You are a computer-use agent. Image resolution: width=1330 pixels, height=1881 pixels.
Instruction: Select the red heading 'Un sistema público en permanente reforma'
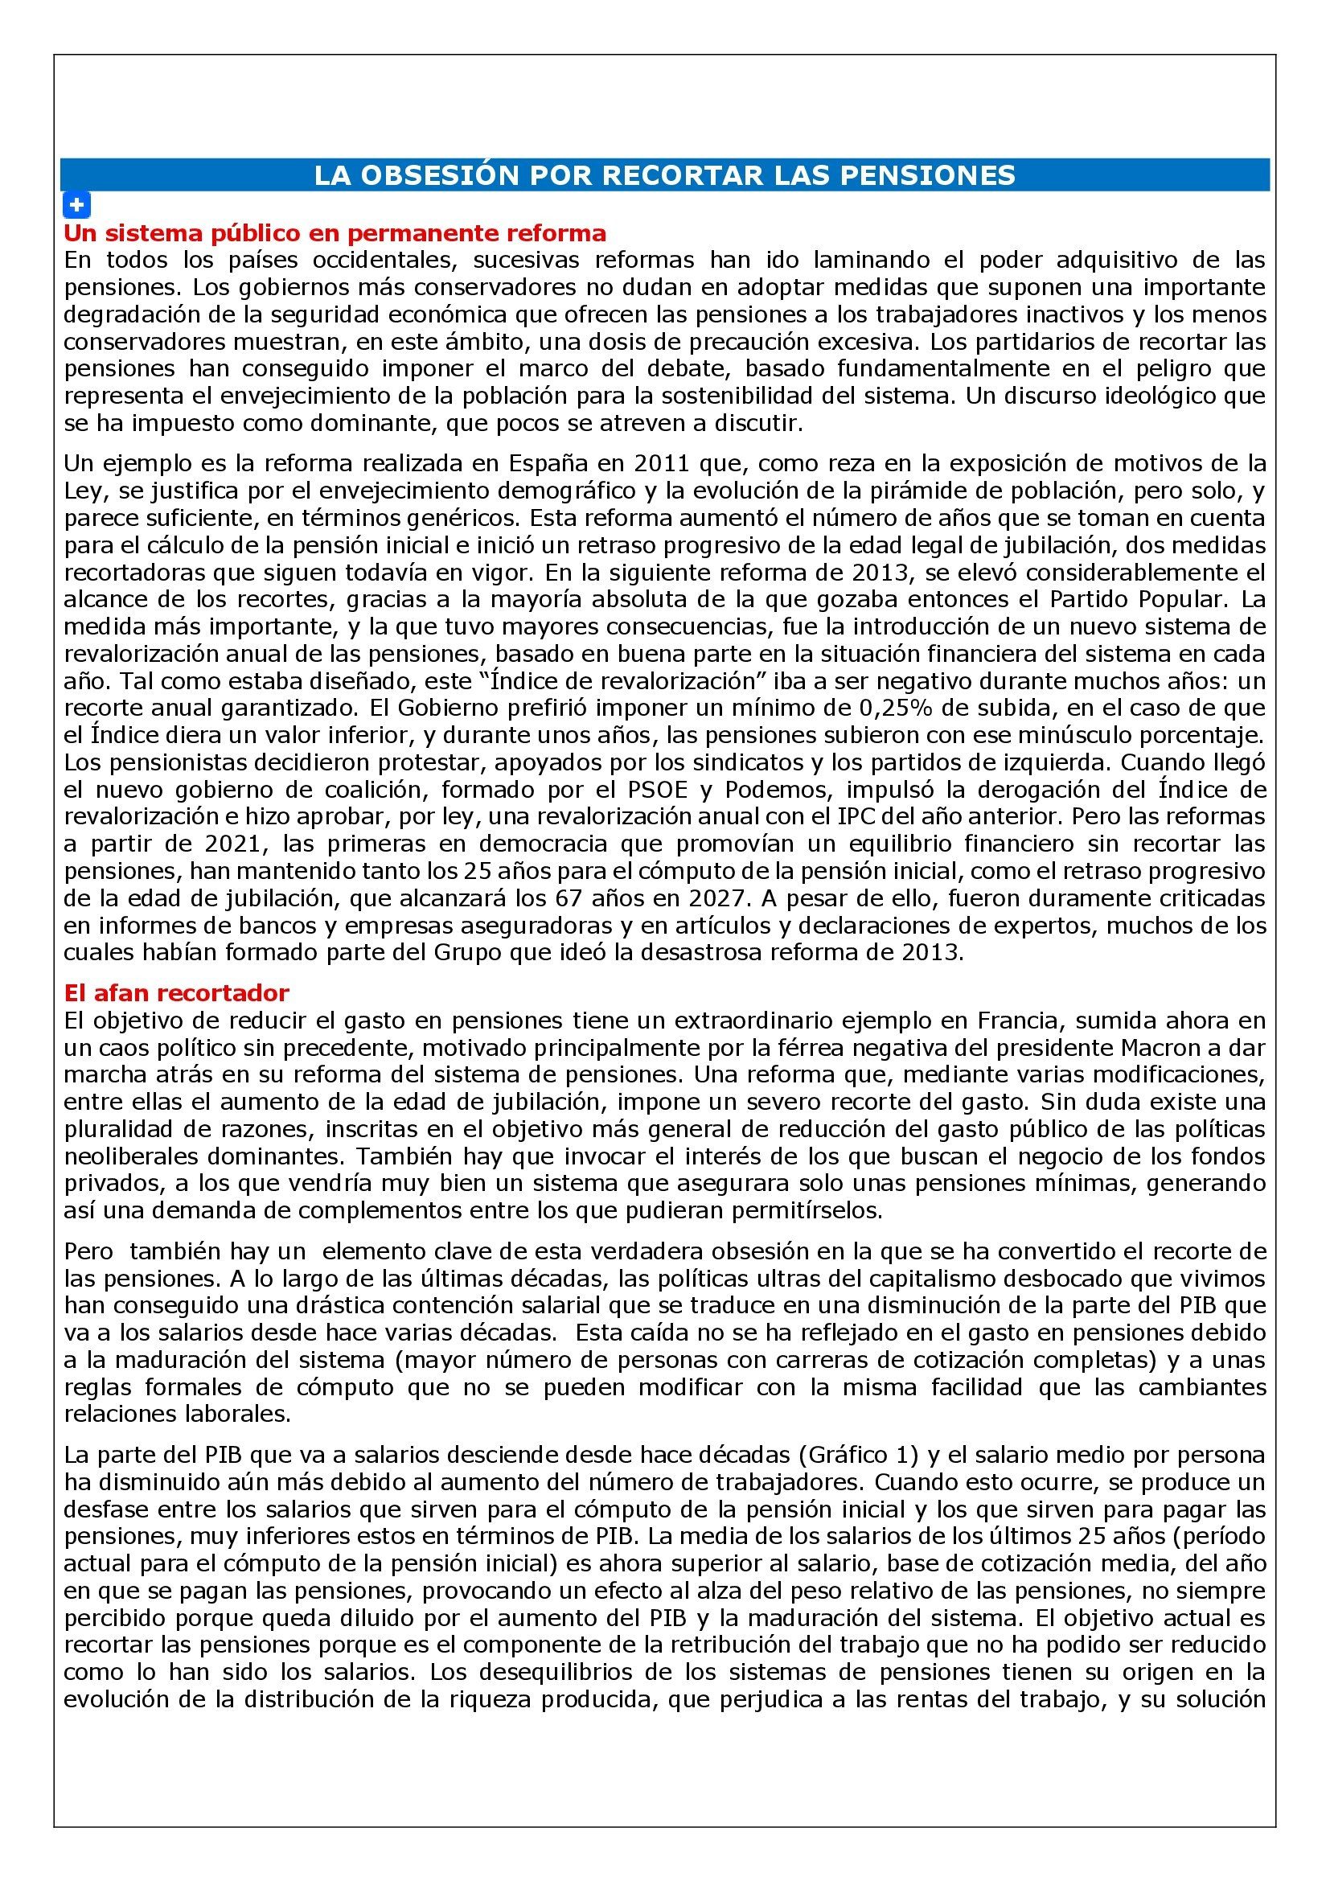point(335,233)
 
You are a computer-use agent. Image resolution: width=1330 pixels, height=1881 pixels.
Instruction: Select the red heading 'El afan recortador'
point(176,993)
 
